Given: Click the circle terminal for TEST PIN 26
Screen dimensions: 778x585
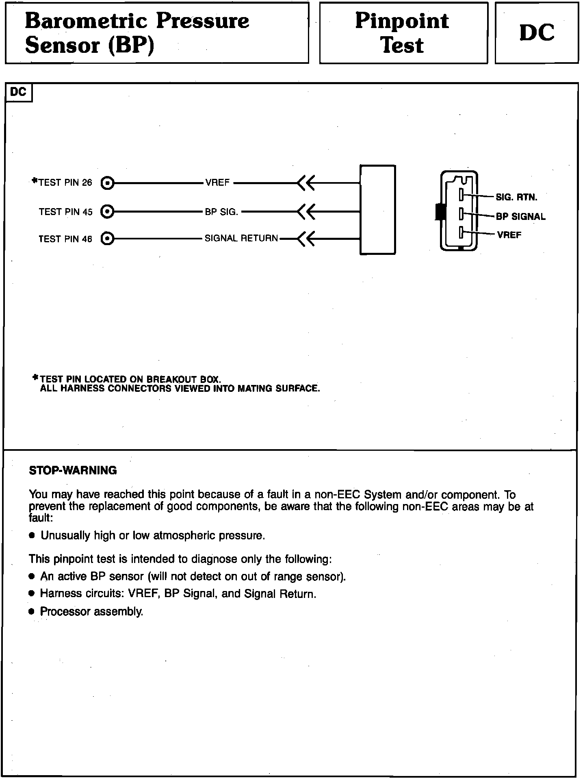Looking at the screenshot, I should point(107,183).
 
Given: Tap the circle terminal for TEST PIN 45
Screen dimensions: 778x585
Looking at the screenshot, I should point(107,212).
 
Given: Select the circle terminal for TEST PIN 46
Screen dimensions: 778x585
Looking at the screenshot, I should point(107,239).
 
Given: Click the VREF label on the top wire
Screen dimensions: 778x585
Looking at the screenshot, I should point(217,183).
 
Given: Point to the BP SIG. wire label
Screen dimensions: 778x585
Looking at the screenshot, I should point(221,212).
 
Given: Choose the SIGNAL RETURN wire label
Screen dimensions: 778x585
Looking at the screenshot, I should point(241,238).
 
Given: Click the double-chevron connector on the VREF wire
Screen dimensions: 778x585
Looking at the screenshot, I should point(306,183).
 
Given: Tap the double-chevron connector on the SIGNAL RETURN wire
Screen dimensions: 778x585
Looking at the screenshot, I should point(306,239).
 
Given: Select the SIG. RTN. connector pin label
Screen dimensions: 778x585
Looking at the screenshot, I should point(516,198).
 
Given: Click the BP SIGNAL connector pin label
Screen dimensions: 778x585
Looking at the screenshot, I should point(520,217).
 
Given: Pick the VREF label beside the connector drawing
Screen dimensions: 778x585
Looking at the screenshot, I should point(509,235).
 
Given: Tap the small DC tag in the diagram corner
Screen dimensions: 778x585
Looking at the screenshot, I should point(18,92).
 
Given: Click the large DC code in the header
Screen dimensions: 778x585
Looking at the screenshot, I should point(537,33).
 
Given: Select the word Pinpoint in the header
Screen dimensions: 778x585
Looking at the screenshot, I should point(402,21).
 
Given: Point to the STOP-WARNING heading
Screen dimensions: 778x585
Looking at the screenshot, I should point(73,470).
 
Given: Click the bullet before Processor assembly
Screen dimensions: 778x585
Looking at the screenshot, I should point(32,612).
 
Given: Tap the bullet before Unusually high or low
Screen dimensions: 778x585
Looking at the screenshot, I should point(32,536).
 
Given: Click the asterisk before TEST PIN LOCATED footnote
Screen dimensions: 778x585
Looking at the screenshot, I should point(35,378).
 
